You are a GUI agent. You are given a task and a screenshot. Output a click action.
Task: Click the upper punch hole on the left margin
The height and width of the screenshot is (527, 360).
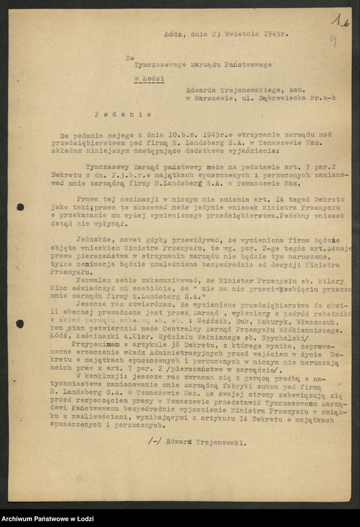[x=21, y=207]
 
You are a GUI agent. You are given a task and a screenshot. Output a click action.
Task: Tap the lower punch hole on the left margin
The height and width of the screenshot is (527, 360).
[x=21, y=324]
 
